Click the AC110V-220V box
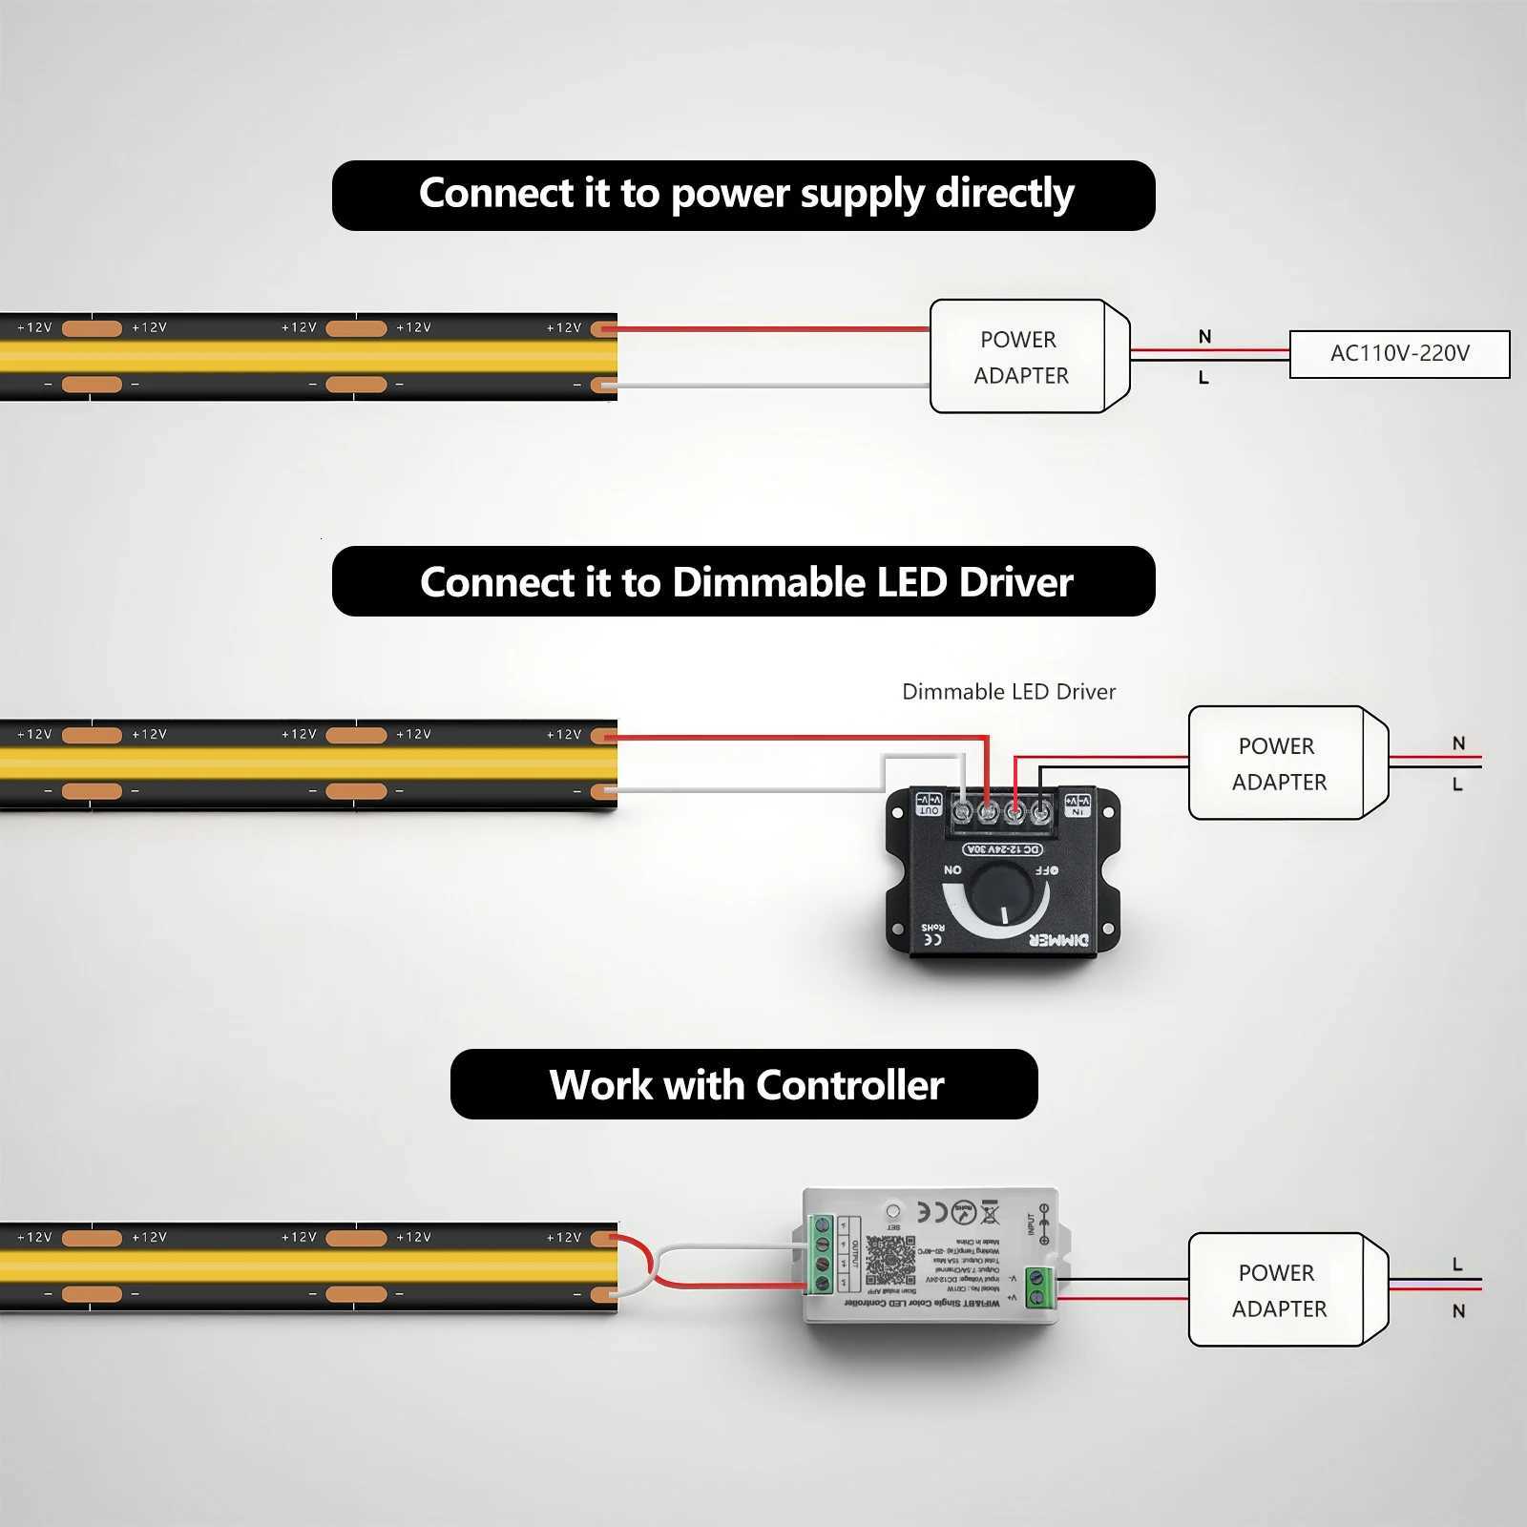click(1399, 354)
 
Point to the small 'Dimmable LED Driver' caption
click(1009, 692)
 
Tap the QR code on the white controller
click(890, 1261)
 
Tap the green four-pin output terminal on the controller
click(821, 1254)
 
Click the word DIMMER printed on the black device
click(1058, 940)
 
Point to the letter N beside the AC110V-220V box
click(1204, 337)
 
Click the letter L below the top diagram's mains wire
click(1203, 379)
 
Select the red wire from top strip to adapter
click(773, 329)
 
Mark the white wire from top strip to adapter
click(773, 386)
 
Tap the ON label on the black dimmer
click(952, 869)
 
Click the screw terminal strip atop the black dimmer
click(1001, 813)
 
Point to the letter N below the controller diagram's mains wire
click(1458, 1311)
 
